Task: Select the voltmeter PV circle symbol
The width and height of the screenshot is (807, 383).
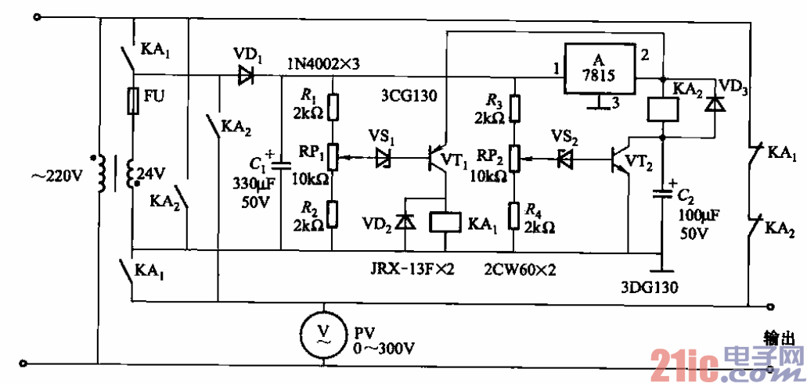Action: (322, 334)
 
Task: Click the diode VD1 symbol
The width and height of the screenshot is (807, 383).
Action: (247, 76)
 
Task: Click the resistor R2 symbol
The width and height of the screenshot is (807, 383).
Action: (333, 212)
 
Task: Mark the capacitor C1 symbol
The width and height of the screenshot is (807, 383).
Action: (282, 165)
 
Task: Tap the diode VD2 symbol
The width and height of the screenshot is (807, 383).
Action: (405, 221)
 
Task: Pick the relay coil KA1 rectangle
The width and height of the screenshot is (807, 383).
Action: (445, 221)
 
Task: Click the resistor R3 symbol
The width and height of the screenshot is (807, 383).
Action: (514, 108)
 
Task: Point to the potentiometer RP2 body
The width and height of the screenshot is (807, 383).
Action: (514, 159)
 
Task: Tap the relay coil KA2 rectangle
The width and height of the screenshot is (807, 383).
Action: (662, 109)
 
